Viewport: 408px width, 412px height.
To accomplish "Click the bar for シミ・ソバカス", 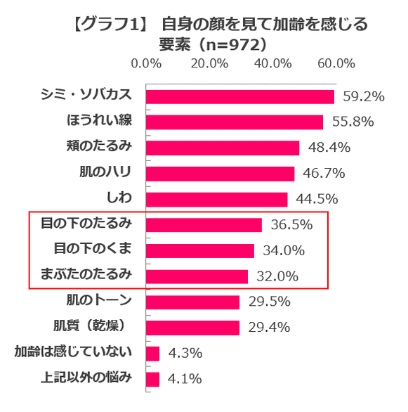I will coord(239,96).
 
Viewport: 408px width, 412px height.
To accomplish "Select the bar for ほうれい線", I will coord(234,122).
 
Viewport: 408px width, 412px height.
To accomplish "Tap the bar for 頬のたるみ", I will coord(222,148).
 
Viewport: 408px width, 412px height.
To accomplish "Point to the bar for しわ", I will coord(216,199).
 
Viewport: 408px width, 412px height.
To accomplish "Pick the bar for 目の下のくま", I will coord(199,250).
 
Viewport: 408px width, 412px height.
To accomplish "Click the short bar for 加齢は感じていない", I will coord(152,353).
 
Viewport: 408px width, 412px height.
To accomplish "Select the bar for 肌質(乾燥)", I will coord(192,328).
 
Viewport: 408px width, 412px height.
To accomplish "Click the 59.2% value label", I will coord(363,96).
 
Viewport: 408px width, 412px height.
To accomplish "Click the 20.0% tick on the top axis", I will coord(209,63).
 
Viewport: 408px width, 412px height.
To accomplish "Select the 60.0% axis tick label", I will coord(336,63).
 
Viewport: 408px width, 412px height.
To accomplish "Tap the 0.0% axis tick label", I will coord(147,63).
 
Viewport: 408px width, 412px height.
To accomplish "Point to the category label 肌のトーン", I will coord(99,301).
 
